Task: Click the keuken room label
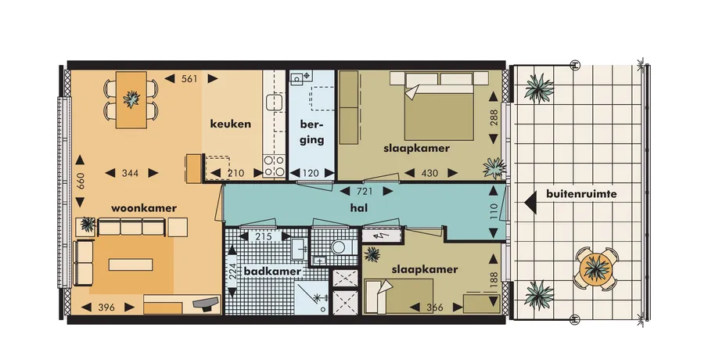(x=230, y=124)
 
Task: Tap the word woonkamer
(x=144, y=208)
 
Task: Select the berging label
(x=312, y=132)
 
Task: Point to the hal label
(x=358, y=207)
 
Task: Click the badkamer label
(x=273, y=272)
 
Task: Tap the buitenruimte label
(x=581, y=194)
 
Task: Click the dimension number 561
(x=189, y=78)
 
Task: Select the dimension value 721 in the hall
(x=365, y=192)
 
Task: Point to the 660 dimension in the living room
(x=80, y=181)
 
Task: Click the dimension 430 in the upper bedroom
(x=429, y=173)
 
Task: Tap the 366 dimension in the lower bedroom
(x=435, y=308)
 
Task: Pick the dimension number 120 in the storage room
(x=311, y=173)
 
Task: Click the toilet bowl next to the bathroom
(x=341, y=247)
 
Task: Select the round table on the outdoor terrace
(x=596, y=268)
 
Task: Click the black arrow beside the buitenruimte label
(x=530, y=202)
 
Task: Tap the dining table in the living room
(x=131, y=100)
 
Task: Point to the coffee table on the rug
(x=131, y=265)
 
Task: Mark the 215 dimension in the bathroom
(x=263, y=236)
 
